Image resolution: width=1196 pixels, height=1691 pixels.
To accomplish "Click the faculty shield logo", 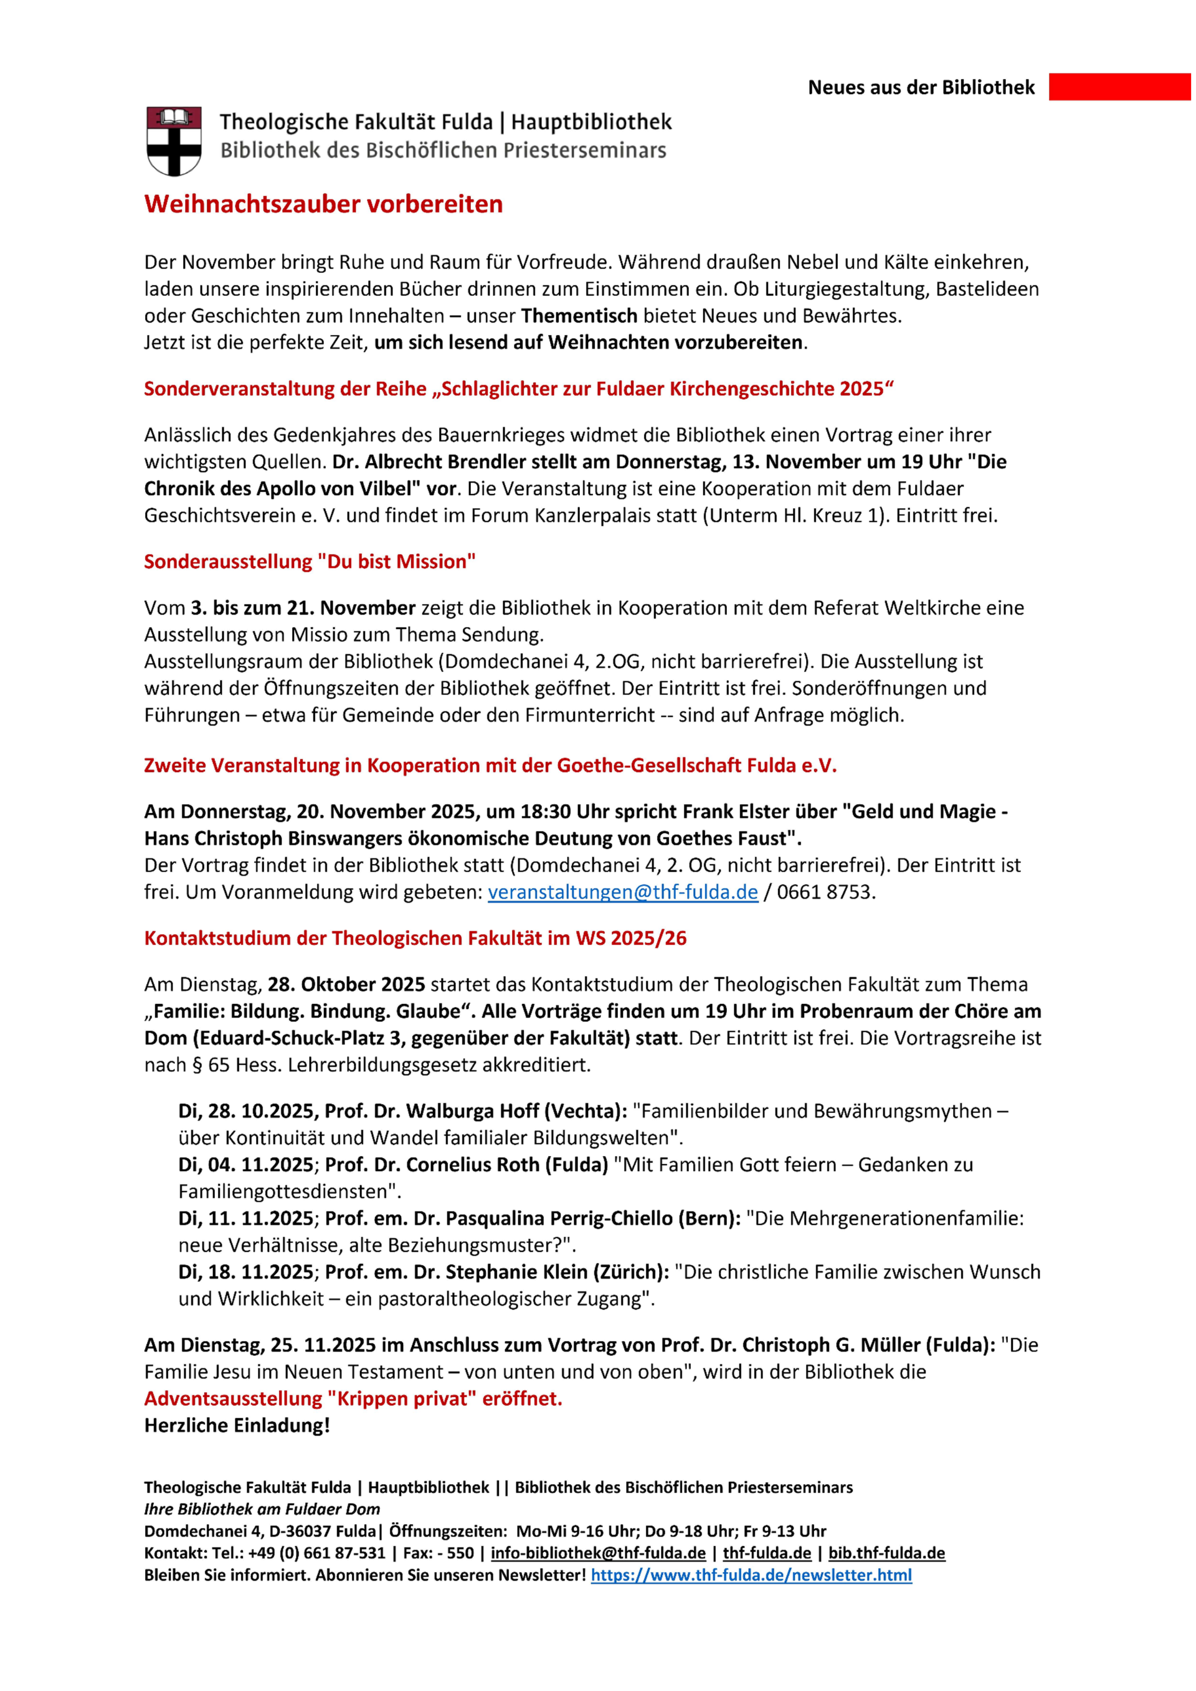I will [174, 140].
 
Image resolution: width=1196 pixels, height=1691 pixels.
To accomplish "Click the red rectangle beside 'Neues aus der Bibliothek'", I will [1119, 87].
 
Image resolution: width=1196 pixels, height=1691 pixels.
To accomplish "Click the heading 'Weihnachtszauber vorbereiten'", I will [323, 204].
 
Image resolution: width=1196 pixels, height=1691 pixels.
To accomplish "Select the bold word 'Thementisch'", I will [579, 316].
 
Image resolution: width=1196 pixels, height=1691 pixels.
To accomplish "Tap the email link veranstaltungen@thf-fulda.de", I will [622, 892].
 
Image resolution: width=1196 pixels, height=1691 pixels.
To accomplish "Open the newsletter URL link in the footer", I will [751, 1575].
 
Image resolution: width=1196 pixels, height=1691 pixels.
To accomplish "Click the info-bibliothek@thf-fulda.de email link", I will [598, 1553].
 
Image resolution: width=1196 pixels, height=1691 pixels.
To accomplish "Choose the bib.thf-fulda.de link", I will [886, 1553].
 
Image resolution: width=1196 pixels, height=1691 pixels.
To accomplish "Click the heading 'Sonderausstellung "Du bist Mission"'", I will [310, 562].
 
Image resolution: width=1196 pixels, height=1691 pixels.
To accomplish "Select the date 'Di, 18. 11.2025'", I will [246, 1272].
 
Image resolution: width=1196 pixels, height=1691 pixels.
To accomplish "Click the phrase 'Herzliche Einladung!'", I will [237, 1425].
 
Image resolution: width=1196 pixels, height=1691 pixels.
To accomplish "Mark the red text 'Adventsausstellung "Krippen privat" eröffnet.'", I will [353, 1399].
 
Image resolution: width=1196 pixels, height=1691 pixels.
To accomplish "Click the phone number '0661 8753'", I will [824, 892].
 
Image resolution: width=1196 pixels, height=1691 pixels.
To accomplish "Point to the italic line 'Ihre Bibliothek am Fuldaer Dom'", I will [262, 1509].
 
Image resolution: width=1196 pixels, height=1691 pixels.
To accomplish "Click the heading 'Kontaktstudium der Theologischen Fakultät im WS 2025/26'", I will [415, 938].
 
